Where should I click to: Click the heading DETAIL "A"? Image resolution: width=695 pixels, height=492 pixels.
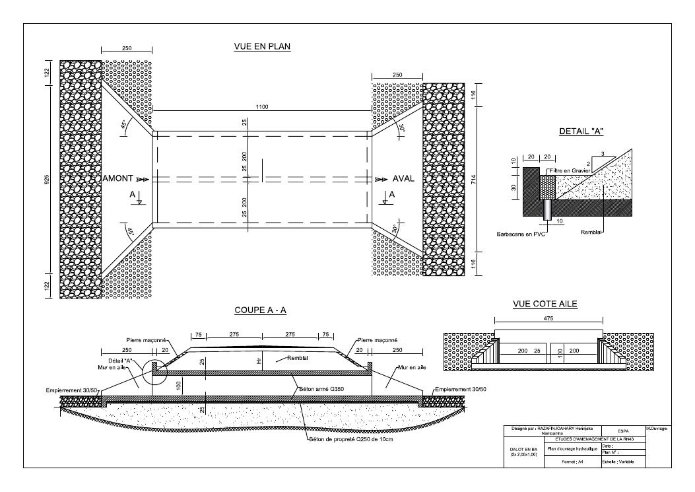[581, 131]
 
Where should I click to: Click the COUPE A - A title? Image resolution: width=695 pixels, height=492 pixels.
[259, 310]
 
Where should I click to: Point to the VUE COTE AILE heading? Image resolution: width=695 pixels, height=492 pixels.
[545, 304]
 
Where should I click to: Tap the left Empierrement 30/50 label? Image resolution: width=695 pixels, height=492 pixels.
[72, 390]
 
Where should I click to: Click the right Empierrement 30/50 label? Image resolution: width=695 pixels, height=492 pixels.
[461, 390]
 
